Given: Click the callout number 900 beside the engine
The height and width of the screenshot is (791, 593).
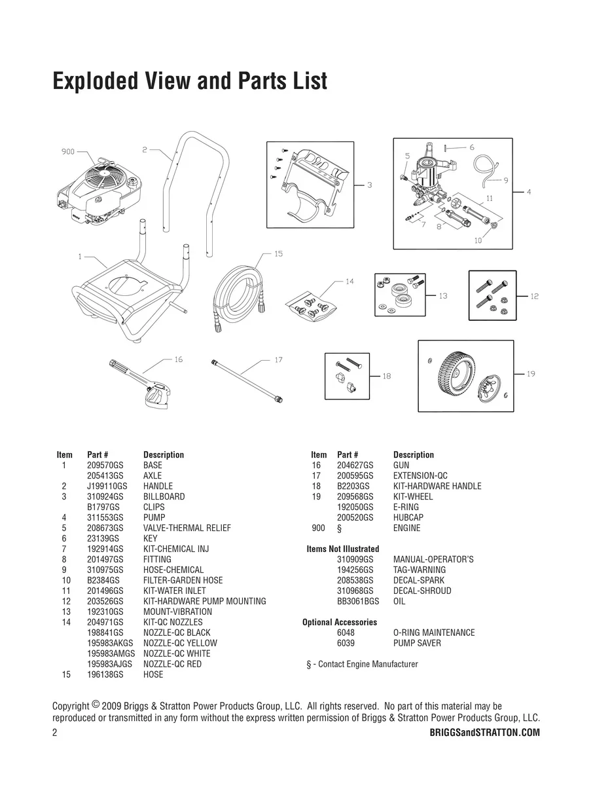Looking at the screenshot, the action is tap(67, 152).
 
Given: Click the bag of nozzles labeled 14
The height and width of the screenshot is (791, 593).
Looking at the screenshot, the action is tap(312, 306).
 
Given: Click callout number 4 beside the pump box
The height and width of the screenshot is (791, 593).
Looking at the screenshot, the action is tap(529, 192).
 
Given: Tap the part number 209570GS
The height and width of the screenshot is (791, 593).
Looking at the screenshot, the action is tap(105, 465).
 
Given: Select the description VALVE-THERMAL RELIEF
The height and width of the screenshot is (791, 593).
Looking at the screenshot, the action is tap(187, 528).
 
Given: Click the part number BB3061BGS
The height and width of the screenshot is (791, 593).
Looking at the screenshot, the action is tap(358, 601).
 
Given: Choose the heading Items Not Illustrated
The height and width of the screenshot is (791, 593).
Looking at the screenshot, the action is tap(343, 549).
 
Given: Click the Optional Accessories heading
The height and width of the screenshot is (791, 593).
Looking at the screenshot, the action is tap(340, 622).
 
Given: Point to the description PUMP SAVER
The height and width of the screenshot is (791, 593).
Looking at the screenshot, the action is tap(417, 643).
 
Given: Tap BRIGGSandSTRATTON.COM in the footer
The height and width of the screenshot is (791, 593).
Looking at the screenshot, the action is tap(484, 733).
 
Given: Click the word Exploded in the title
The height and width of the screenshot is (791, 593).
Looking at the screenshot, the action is tap(96, 81).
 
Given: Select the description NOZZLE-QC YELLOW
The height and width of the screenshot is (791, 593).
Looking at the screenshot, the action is tap(180, 643).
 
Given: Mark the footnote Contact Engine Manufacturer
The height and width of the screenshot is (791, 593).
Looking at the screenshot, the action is tap(368, 664).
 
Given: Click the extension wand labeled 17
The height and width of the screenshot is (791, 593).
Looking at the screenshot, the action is tap(247, 381).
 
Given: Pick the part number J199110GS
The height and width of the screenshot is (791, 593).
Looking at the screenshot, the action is tap(107, 486).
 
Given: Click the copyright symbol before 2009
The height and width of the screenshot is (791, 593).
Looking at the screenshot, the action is tap(96, 704).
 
